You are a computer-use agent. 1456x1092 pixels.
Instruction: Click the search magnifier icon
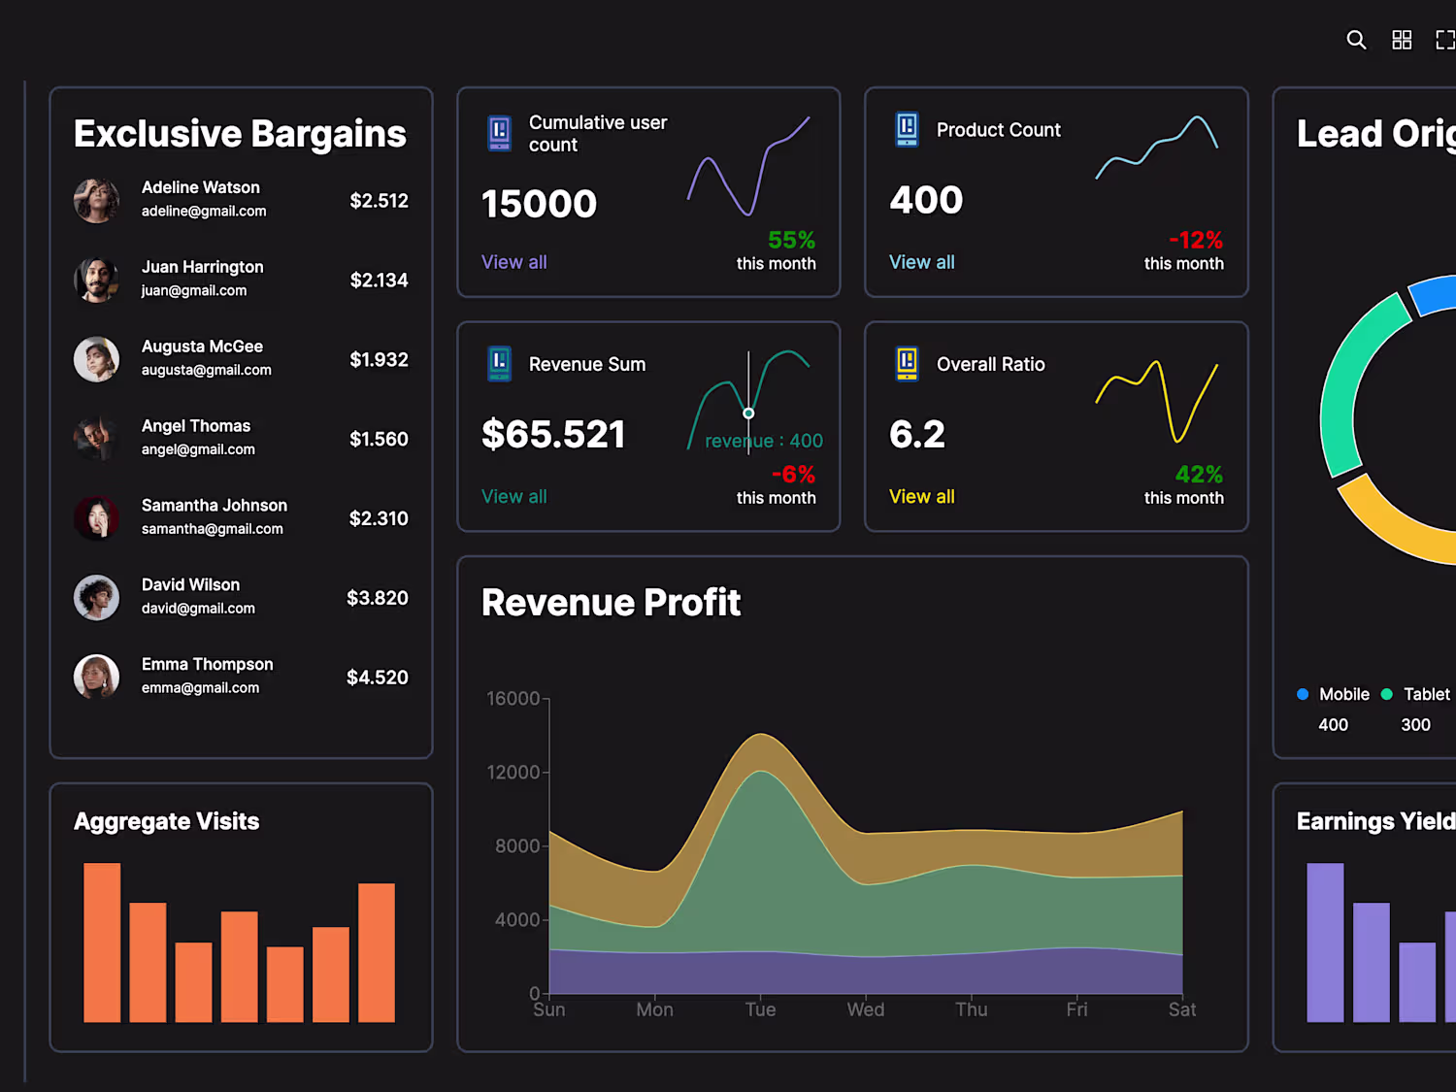[1356, 40]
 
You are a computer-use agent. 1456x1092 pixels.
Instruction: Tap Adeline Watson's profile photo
[96, 200]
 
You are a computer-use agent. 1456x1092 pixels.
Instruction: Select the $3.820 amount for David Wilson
[377, 598]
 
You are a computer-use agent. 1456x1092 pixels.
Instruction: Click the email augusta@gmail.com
[206, 370]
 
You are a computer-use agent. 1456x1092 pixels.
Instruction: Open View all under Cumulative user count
[513, 262]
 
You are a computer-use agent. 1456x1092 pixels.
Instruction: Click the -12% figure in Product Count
[1195, 240]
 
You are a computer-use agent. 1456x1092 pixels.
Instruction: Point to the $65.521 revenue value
[553, 434]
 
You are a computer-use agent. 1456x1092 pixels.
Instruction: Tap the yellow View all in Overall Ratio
[921, 497]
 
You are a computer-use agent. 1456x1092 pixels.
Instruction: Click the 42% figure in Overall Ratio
[1199, 475]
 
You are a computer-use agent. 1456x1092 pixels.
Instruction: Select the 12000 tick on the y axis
[513, 773]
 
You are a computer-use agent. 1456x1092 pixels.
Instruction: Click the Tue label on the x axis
[760, 1009]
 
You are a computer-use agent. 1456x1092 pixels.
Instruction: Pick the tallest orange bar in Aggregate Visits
[102, 942]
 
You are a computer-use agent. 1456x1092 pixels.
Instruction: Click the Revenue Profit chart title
[611, 603]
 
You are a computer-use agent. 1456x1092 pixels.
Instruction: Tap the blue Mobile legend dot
[1303, 694]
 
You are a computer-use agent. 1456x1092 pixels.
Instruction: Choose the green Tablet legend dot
[1387, 694]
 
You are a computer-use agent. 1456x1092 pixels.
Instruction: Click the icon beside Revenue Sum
[499, 364]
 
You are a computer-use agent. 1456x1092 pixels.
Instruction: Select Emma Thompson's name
[207, 664]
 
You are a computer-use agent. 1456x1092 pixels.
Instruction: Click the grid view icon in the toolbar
[1402, 40]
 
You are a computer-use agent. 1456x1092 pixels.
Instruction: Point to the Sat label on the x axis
[1181, 1009]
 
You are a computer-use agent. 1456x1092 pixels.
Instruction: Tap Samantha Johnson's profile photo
[96, 517]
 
